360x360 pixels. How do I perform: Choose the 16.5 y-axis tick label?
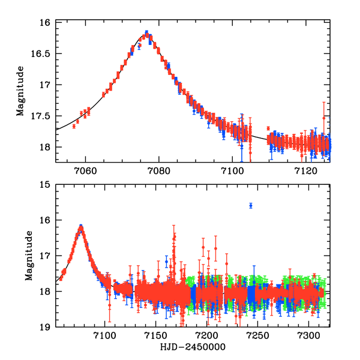pyautogui.click(x=41, y=54)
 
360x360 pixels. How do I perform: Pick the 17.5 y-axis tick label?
pyautogui.click(x=41, y=116)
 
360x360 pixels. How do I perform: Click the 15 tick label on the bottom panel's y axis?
pyautogui.click(x=44, y=185)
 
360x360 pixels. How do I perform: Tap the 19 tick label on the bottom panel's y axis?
pyautogui.click(x=44, y=327)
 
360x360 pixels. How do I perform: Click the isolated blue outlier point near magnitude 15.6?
pyautogui.click(x=251, y=206)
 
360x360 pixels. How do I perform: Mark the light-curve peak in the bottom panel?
pyautogui.click(x=81, y=227)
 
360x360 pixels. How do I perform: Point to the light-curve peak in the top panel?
pyautogui.click(x=147, y=33)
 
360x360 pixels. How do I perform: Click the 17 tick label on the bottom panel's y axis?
pyautogui.click(x=44, y=256)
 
